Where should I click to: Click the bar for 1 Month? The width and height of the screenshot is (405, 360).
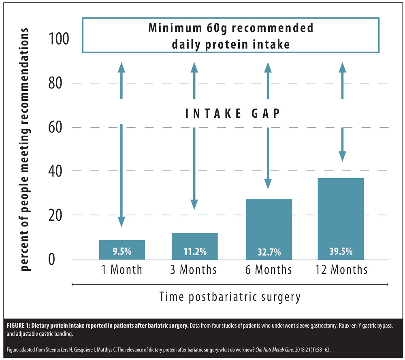click(122, 249)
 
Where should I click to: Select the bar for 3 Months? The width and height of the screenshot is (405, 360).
click(195, 246)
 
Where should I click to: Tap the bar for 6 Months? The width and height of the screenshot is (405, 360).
click(269, 229)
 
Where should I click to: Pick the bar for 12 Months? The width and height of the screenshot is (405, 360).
click(341, 219)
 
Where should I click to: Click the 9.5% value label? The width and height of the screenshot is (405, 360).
click(122, 251)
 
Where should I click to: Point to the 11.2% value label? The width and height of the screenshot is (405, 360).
click(195, 251)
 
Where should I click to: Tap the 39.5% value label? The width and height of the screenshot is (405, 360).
click(341, 251)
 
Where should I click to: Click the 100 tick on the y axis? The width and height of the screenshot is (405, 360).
click(60, 39)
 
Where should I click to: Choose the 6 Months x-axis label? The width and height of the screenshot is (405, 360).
click(269, 270)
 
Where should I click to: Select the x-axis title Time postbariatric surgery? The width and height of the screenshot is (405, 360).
click(230, 297)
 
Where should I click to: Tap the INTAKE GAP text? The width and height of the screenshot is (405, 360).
click(233, 114)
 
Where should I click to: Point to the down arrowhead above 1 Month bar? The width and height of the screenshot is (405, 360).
click(122, 221)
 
